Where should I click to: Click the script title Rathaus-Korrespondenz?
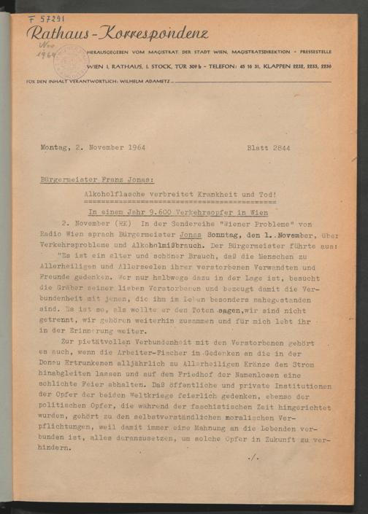click(x=117, y=34)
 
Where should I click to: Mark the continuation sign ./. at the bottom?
click(x=253, y=457)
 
